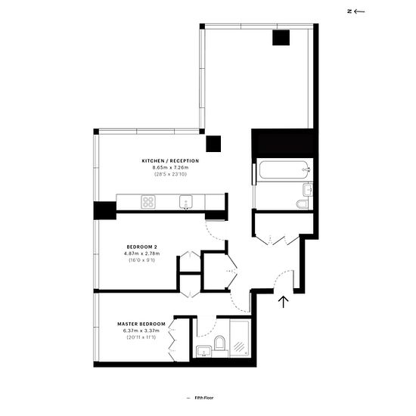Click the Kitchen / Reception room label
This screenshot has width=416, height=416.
coord(170,161)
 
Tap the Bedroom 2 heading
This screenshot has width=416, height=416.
coord(141,247)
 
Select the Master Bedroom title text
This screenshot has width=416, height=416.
coord(141,324)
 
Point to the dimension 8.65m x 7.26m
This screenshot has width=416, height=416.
coord(170,167)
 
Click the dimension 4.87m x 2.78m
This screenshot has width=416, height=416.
coord(141,253)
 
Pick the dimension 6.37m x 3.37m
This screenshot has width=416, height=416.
coord(141,331)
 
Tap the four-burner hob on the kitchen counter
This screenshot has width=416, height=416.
coord(148,202)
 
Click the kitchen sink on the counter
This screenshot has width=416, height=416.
coord(186,202)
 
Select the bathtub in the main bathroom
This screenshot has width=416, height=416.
coord(284,169)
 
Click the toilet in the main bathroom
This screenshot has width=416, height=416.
coord(302,204)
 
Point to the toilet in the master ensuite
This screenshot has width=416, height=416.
coord(219,343)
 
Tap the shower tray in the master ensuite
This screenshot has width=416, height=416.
coord(239,338)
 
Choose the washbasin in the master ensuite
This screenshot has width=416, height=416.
coord(203,351)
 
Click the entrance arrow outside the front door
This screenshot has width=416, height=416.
coord(284,302)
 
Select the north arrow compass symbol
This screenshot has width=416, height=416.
coord(356,11)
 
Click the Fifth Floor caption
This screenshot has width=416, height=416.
coord(204,398)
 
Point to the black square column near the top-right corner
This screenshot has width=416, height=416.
coord(281,38)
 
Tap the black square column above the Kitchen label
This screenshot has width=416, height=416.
coord(213,144)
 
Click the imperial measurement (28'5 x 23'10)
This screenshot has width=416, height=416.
coord(170,174)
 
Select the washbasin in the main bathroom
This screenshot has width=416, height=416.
coord(308,190)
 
